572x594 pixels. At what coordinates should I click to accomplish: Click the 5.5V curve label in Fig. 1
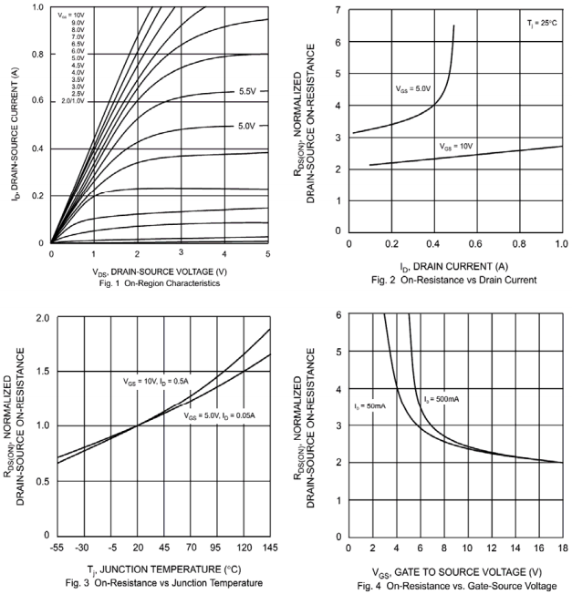(x=246, y=92)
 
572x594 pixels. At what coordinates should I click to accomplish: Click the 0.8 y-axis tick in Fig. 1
(x=37, y=54)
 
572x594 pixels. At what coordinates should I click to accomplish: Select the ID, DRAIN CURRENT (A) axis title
(x=453, y=266)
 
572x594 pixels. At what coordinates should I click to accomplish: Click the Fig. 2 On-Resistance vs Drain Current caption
(x=453, y=279)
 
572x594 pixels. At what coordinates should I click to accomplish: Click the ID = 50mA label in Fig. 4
(x=369, y=405)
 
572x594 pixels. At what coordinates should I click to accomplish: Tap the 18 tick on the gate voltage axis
(x=560, y=547)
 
